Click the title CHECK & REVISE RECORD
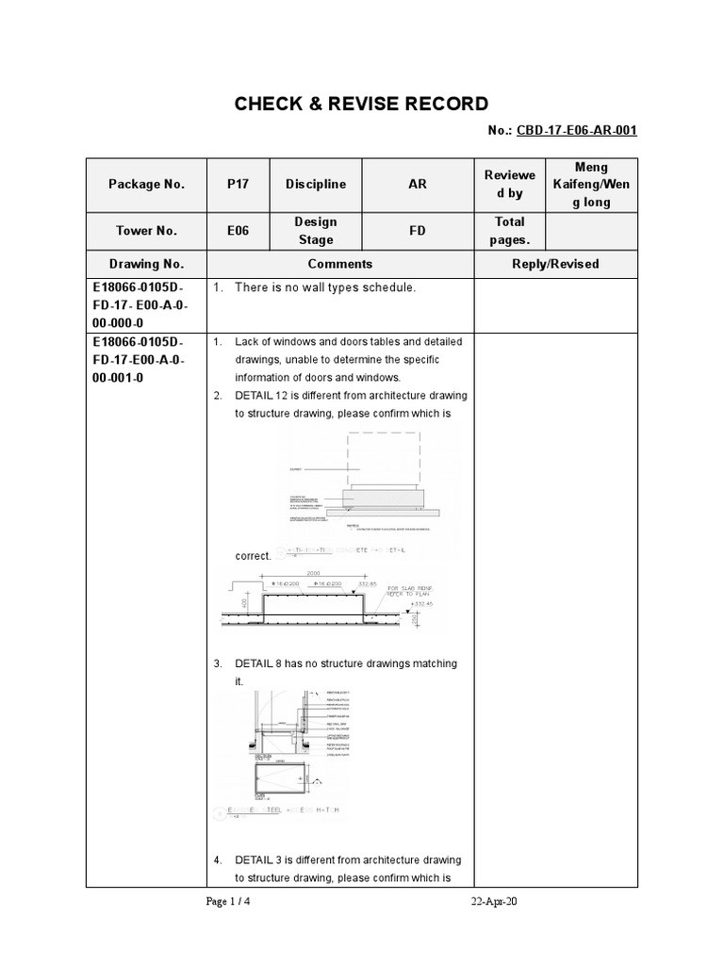coord(362,104)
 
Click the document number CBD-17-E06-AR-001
coord(576,131)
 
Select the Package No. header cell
coord(146,185)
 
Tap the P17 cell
coord(238,185)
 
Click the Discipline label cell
coord(316,185)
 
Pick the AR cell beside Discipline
coord(417,185)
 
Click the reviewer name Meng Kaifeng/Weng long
coord(591,185)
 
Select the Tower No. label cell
coord(146,231)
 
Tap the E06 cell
coord(238,231)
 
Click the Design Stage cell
coord(316,231)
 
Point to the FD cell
coord(417,231)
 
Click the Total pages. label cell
coord(509,231)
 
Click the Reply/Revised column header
coord(555,265)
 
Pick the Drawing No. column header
coord(146,265)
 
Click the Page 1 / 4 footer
coord(228,902)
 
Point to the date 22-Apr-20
coord(494,902)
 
